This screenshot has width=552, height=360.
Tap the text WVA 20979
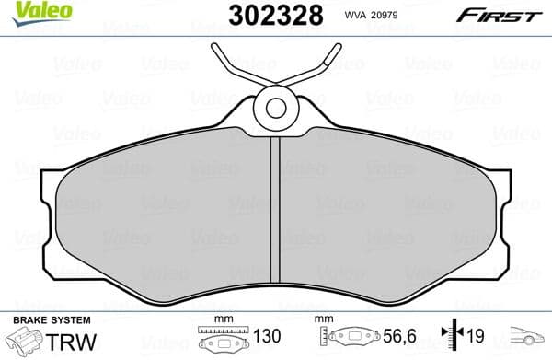click(374, 16)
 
